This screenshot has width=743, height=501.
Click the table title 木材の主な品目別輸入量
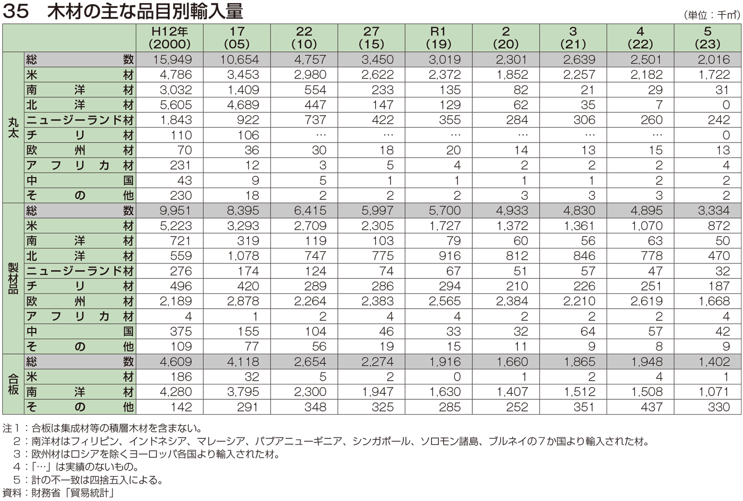144,11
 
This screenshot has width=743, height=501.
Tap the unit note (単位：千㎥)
711,15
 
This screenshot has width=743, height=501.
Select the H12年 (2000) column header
170,38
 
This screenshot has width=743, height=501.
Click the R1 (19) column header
438,38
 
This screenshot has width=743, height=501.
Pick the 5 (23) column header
707,38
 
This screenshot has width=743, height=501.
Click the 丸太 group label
13,127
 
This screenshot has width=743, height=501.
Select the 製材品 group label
13,278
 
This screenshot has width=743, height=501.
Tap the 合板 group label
13,384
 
